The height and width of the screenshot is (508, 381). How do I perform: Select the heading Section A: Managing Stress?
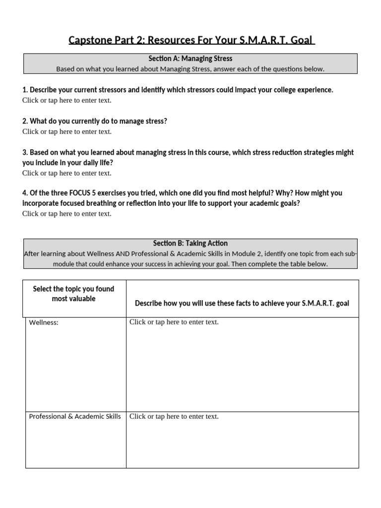pos(190,59)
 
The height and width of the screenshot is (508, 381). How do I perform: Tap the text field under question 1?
pos(67,100)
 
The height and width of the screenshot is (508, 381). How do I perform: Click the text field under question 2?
pos(67,131)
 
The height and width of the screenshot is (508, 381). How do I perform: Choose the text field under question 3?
pos(67,173)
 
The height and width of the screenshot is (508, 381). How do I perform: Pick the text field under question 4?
pos(67,214)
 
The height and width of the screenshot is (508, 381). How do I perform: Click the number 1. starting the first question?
pos(25,90)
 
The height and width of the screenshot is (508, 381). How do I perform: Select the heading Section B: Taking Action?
pos(190,244)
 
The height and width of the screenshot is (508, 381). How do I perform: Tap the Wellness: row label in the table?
pos(44,323)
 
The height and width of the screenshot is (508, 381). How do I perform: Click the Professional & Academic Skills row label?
pos(75,417)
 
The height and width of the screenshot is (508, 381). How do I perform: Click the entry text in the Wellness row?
pos(174,322)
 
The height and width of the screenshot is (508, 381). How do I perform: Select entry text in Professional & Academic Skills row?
pos(174,417)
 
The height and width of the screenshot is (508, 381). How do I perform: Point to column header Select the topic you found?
pos(73,289)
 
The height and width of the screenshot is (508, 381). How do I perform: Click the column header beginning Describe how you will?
pos(242,304)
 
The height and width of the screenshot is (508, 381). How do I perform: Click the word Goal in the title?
pos(302,40)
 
